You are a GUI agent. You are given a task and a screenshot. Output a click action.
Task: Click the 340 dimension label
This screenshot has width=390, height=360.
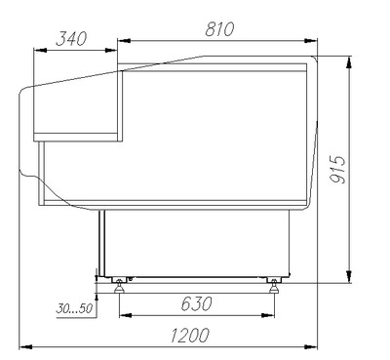pos(71,39)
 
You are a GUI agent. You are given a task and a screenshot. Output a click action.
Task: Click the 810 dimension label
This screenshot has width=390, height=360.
pos(219,29)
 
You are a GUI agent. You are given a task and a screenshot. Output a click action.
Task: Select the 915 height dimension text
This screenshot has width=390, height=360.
pos(336,170)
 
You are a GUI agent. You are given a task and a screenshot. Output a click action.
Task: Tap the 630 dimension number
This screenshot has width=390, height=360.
pos(196,304)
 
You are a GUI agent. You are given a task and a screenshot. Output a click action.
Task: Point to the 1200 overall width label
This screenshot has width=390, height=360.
pos(190,336)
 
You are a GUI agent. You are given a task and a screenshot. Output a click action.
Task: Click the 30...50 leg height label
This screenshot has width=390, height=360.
pos(74,308)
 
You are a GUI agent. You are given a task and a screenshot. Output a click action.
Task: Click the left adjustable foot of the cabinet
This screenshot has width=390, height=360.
pos(119,286)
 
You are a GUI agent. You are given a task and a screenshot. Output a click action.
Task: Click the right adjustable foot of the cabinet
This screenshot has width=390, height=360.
pos(274,286)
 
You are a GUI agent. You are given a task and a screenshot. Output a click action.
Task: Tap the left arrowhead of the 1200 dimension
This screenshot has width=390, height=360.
pos(26,347)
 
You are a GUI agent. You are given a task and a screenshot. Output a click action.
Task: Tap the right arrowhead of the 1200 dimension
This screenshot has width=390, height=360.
pos(311,347)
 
